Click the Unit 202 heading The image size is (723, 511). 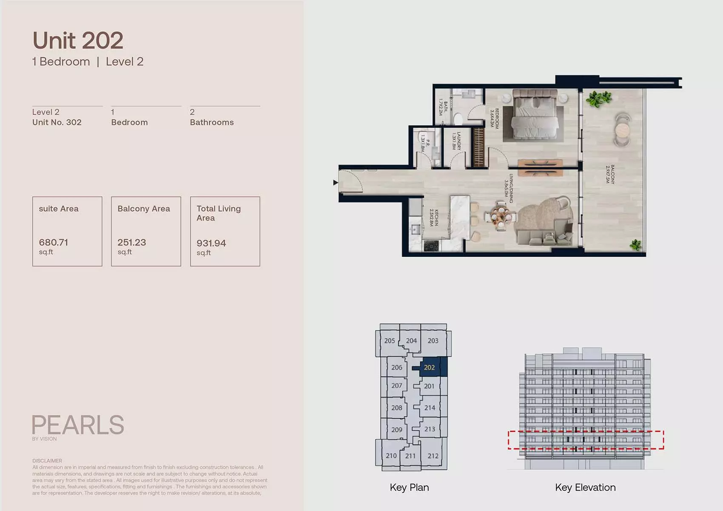(x=78, y=41)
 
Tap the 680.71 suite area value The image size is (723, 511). (x=54, y=242)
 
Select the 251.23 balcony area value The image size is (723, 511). (x=132, y=242)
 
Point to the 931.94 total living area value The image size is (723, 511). (x=211, y=243)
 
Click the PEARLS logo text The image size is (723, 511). (x=78, y=425)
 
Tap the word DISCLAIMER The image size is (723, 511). (x=47, y=460)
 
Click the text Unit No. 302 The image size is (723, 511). (x=57, y=122)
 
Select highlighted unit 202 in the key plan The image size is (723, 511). (x=430, y=367)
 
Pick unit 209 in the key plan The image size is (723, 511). (x=396, y=430)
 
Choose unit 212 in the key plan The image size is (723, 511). (x=433, y=456)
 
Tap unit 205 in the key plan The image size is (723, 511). (x=390, y=341)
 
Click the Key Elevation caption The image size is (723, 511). (x=585, y=487)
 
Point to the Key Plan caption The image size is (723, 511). (x=409, y=487)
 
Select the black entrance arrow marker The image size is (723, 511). (x=336, y=182)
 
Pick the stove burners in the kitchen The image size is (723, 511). (x=431, y=245)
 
